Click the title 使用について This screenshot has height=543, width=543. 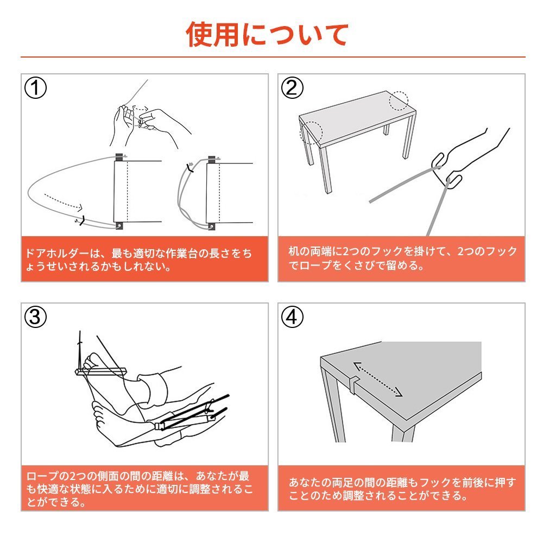[x=267, y=34]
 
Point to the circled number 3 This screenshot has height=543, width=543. [x=35, y=317]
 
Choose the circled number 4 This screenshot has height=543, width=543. [x=292, y=317]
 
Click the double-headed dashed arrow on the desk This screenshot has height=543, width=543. [x=377, y=379]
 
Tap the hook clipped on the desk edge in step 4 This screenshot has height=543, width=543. [x=353, y=384]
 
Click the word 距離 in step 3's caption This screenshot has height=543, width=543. [x=162, y=476]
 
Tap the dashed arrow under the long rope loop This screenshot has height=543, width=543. [x=64, y=203]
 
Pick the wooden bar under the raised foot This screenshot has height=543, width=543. [x=100, y=371]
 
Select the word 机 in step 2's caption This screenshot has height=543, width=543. [x=294, y=252]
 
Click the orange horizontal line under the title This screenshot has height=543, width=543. [x=273, y=57]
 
